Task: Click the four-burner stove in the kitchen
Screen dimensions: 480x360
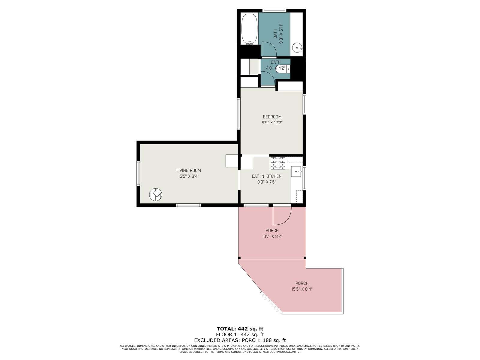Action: pos(278,163)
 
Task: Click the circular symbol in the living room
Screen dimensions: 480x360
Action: pos(156,194)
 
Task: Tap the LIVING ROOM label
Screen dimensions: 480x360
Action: pos(188,170)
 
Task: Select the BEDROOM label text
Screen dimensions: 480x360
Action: pos(272,117)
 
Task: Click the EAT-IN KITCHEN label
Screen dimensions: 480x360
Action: pos(267,176)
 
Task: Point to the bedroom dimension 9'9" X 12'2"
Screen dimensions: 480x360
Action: pos(272,123)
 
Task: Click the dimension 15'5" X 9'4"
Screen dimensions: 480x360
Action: pos(188,176)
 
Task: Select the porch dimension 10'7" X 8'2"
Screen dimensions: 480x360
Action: pos(272,236)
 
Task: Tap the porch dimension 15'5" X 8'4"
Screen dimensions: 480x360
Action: pos(302,289)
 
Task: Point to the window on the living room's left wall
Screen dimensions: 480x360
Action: pos(138,174)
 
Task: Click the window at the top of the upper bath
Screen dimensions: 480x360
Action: pos(274,10)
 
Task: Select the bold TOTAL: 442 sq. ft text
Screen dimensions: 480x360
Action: pos(240,328)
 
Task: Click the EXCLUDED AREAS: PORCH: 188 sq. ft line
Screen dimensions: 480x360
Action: pos(240,340)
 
